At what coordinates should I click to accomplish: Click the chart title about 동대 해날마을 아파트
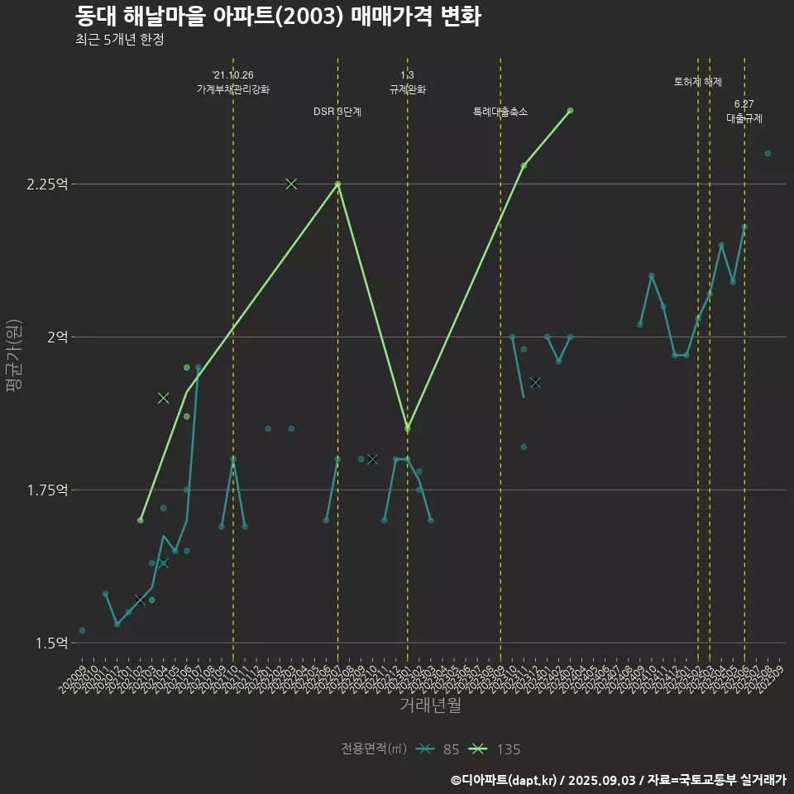click(x=278, y=17)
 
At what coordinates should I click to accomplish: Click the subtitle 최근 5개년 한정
click(x=119, y=40)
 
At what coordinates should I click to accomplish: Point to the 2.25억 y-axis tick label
click(x=46, y=184)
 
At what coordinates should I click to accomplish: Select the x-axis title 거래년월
click(x=430, y=706)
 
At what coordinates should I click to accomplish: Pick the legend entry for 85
click(x=439, y=749)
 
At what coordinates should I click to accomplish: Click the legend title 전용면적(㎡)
click(x=373, y=749)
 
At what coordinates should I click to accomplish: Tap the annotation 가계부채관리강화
click(x=233, y=89)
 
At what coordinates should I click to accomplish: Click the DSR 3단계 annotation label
click(x=337, y=112)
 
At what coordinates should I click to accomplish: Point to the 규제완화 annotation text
click(x=407, y=89)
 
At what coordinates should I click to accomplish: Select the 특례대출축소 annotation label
click(x=500, y=112)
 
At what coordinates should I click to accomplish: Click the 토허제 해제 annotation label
click(x=698, y=82)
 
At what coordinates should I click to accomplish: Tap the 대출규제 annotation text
click(x=744, y=118)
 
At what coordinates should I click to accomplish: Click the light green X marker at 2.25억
click(x=291, y=184)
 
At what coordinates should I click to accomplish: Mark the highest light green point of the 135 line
click(x=570, y=111)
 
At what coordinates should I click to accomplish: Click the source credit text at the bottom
click(x=619, y=779)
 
